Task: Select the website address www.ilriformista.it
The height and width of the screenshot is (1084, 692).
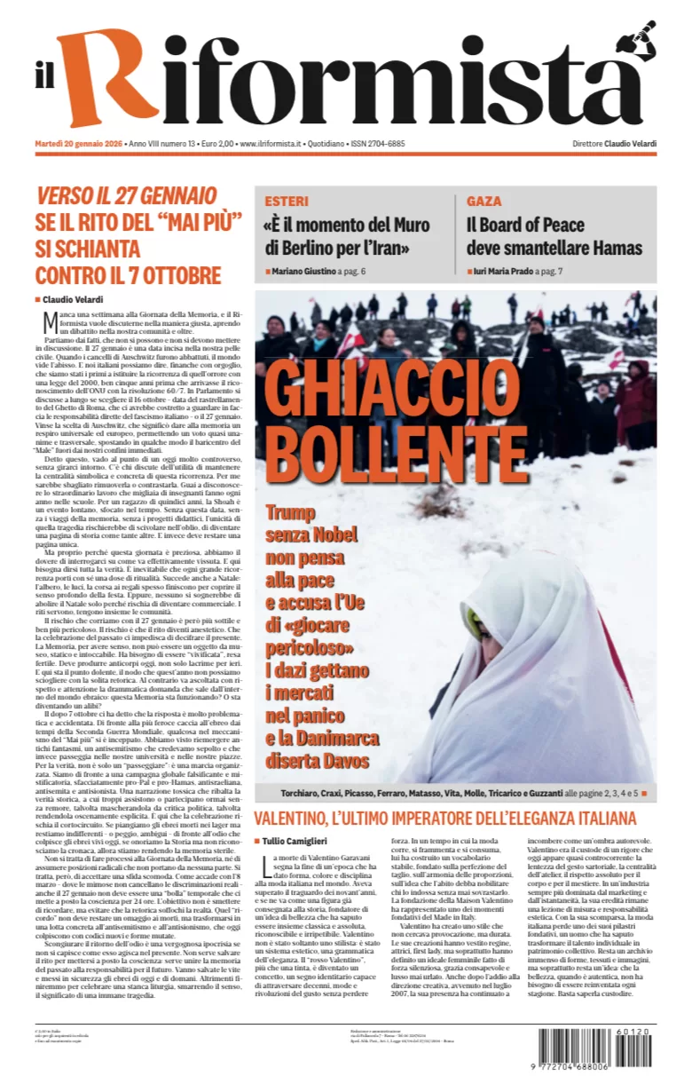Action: coord(271,144)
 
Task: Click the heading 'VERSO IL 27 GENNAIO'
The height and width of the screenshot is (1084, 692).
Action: coord(126,196)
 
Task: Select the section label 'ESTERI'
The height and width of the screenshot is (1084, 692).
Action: coord(286,202)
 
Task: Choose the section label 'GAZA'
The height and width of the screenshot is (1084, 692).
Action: coord(484,202)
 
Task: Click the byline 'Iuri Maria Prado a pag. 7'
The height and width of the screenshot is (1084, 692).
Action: coord(519,270)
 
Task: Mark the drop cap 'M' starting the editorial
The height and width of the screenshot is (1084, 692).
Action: coord(51,320)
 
